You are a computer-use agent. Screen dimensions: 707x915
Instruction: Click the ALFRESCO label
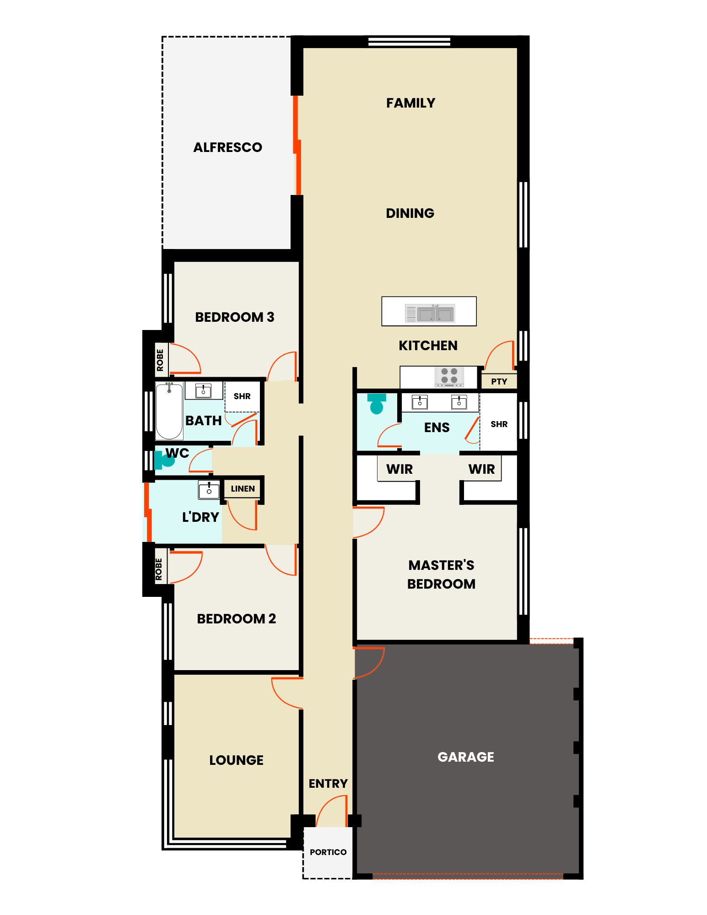pos(228,147)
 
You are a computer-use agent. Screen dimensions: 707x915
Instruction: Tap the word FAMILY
pos(410,103)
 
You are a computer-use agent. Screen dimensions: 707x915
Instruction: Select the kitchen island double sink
pos(430,313)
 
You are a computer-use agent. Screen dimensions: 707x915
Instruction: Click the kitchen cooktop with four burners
pos(449,376)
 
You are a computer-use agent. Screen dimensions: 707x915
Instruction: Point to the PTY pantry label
pos(499,381)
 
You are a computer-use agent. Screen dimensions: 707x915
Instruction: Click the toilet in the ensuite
pos(377,403)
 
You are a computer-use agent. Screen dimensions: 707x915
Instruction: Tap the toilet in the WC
pos(164,460)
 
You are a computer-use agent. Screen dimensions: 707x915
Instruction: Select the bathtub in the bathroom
pos(169,411)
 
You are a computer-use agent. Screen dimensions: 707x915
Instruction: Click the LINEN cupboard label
pos(243,489)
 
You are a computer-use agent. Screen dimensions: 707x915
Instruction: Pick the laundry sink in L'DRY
pos(209,489)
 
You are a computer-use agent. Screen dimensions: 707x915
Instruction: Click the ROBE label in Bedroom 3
pos(160,360)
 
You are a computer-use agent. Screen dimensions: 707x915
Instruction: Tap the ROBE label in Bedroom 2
pos(159,569)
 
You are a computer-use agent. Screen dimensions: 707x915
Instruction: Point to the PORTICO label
pos(328,852)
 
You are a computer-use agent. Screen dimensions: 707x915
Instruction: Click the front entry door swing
pos(332,812)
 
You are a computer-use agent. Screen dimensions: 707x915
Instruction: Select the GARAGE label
pos(466,757)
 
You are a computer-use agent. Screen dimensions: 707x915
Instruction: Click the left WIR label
pos(399,469)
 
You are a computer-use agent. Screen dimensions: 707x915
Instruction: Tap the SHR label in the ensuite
pos(499,424)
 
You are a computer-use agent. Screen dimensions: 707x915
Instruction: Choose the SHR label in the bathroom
pos(242,396)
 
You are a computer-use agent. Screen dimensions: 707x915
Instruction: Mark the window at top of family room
pos(410,42)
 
